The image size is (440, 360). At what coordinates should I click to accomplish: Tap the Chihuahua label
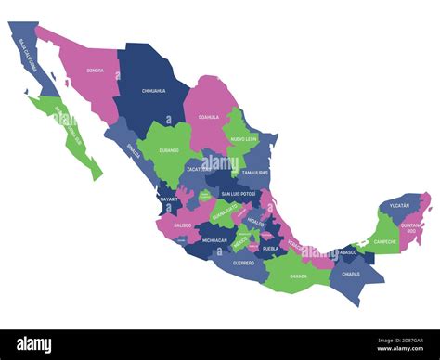point(153,91)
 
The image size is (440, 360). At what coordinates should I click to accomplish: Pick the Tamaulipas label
point(255,173)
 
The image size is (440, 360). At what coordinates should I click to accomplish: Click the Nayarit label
point(168,199)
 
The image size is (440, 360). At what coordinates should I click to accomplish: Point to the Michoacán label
point(214,240)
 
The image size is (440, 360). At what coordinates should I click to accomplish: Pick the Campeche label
point(384,241)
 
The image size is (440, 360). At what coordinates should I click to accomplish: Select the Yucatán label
point(399,204)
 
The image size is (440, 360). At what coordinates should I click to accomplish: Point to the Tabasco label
point(345,251)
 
